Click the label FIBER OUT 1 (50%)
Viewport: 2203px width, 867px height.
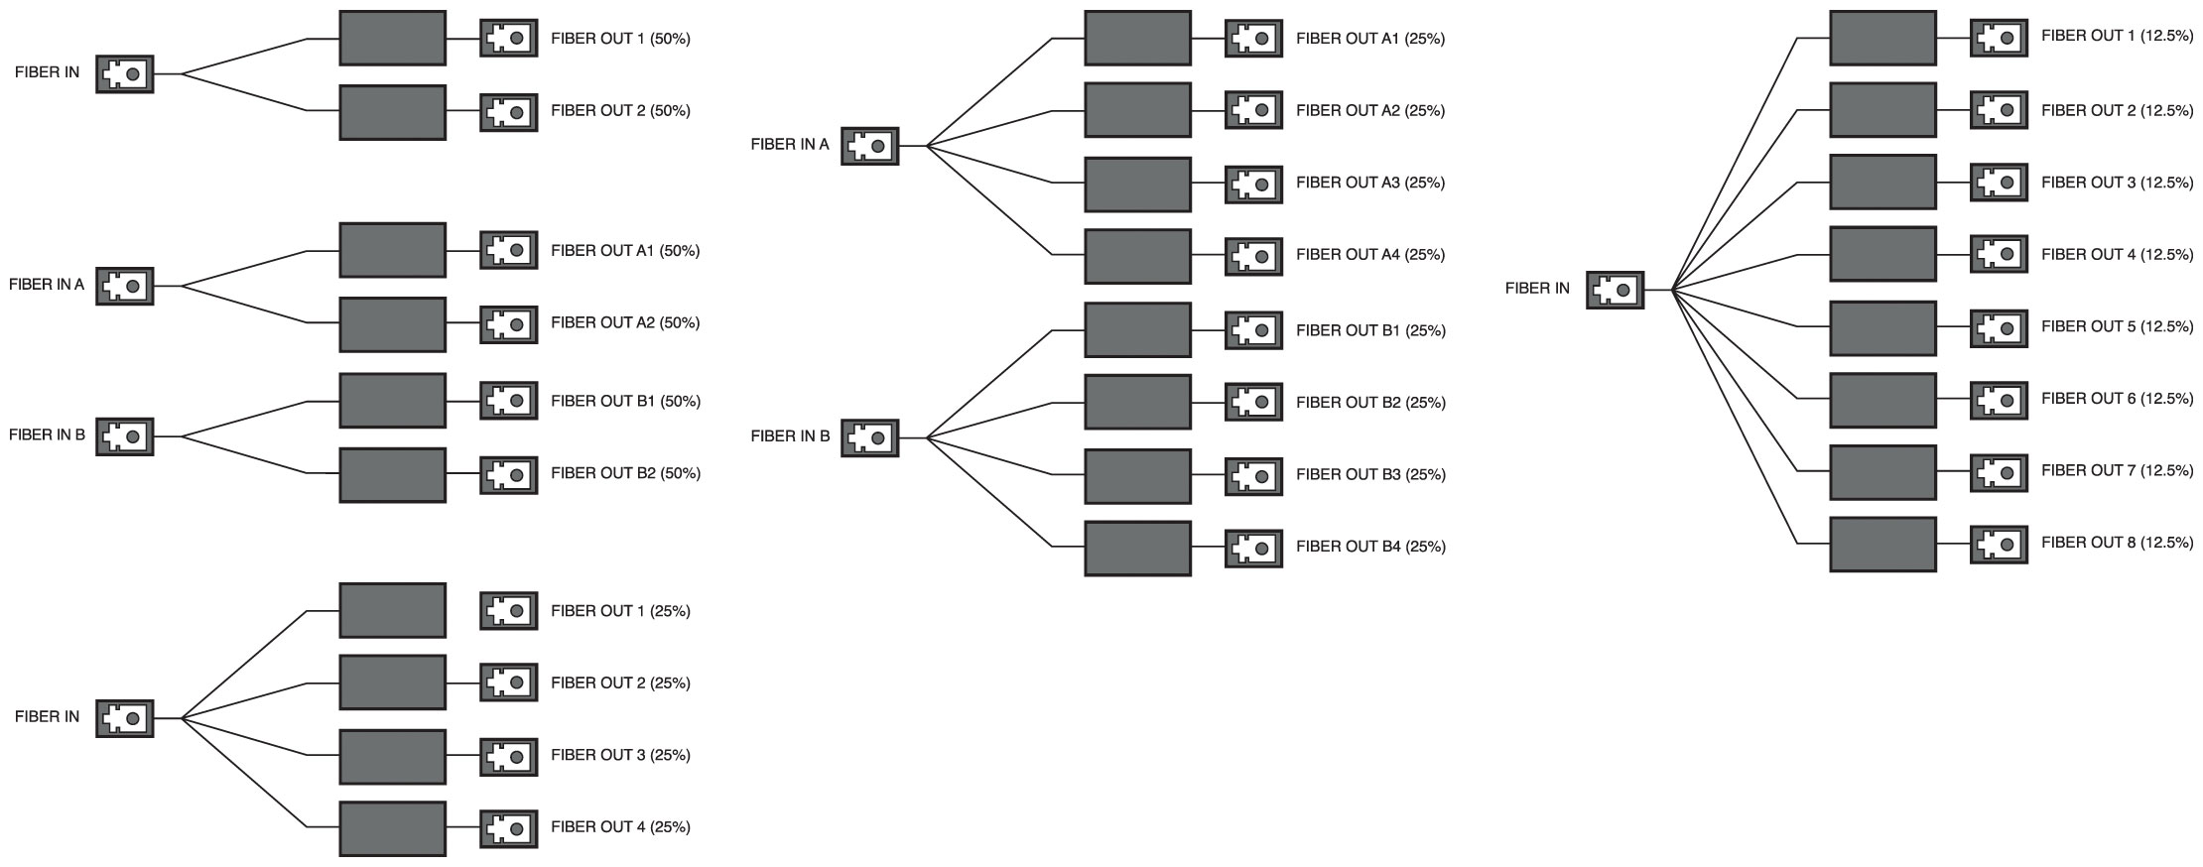tap(620, 39)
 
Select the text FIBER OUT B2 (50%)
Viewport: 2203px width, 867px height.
tap(625, 473)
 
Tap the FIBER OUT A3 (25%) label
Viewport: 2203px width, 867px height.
tap(1370, 183)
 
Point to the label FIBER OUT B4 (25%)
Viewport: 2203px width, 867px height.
tap(1370, 546)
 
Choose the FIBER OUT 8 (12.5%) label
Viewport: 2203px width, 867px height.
tap(2117, 543)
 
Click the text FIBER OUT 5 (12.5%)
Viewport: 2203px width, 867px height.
tap(2117, 326)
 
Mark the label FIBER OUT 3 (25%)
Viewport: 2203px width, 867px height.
tap(620, 755)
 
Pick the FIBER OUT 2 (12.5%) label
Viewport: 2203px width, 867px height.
tap(2117, 110)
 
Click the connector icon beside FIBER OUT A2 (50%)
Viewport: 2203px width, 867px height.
tap(509, 323)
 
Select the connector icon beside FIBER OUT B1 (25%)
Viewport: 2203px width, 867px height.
tap(1253, 330)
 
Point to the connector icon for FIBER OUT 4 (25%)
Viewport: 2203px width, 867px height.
tap(509, 827)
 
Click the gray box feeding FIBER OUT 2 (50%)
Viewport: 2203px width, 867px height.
tap(392, 112)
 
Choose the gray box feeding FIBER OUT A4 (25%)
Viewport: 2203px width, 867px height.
tap(1137, 256)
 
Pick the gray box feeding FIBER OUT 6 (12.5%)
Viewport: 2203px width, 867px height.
tap(1882, 400)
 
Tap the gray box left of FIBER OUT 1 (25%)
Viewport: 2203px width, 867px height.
tap(392, 610)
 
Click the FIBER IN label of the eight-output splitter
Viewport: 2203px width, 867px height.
tap(1537, 289)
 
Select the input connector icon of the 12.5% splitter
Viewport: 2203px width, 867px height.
tap(1615, 290)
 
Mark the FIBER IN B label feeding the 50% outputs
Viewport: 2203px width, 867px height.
tap(47, 434)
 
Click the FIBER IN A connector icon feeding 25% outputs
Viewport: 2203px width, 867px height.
tap(869, 146)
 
